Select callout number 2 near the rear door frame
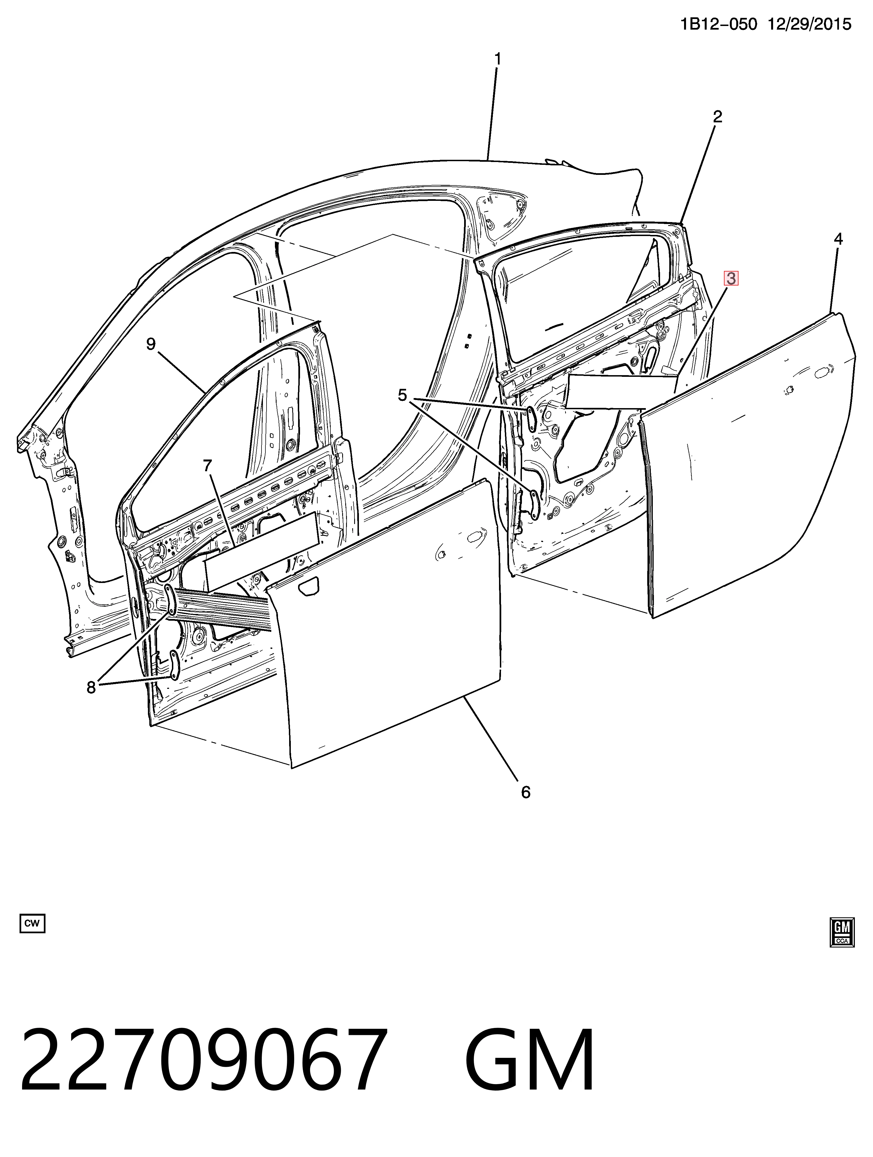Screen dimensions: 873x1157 pos(718,117)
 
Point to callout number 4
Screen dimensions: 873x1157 pos(838,240)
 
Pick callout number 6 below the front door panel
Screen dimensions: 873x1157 pos(526,792)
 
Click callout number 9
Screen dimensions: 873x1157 pos(151,344)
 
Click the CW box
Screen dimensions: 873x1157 pos(32,923)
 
